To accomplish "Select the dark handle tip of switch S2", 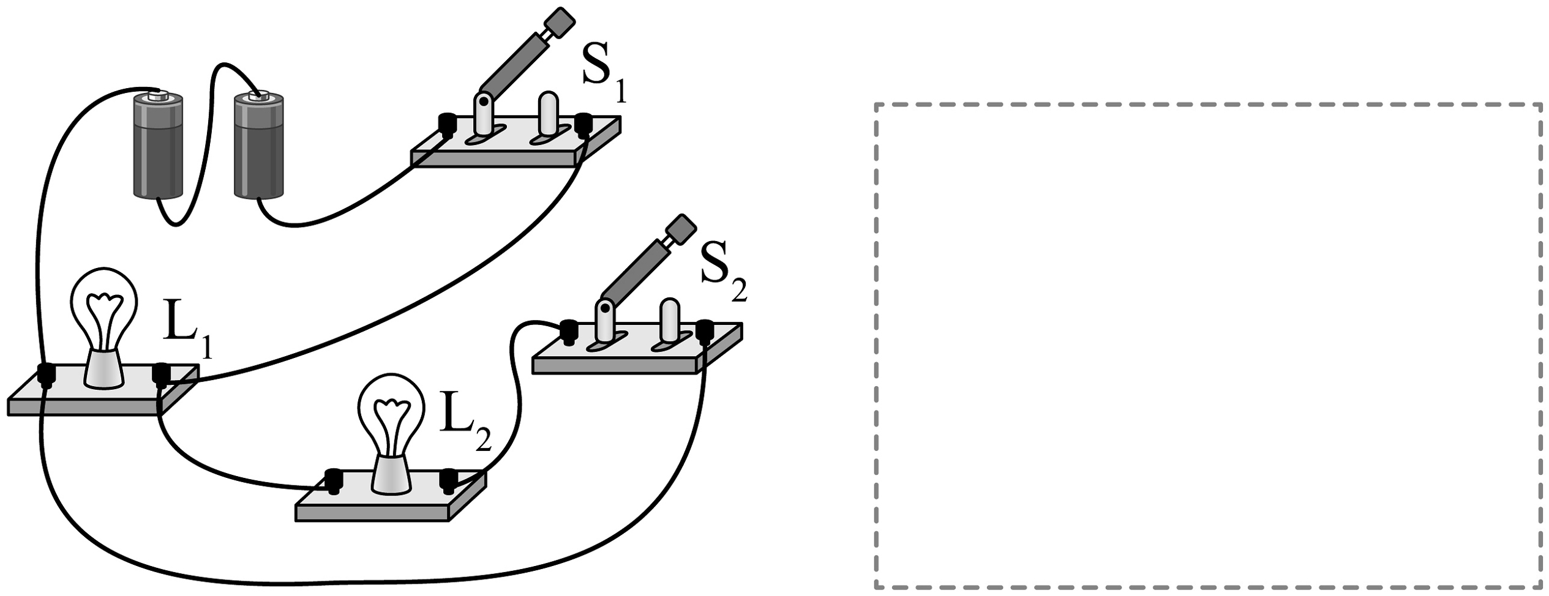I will [681, 229].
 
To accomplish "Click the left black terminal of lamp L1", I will [47, 374].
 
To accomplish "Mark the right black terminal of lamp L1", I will [161, 374].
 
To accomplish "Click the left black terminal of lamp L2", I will [334, 480].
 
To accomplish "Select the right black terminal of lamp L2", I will [449, 480].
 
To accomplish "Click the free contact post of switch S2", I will [669, 319].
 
